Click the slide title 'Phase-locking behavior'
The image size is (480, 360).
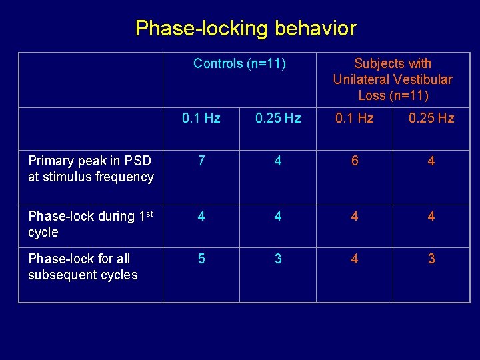coord(245,29)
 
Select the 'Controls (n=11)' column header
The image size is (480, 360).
coord(239,64)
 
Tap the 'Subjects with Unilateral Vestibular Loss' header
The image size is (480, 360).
coord(393,79)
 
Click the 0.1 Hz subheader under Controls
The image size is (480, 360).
coord(201,119)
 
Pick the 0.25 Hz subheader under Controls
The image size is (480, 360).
coord(278,119)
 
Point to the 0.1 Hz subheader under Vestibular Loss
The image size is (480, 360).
coord(355,119)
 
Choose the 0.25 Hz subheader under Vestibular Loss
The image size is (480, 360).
coord(431,119)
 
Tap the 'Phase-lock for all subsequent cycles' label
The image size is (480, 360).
coord(83,267)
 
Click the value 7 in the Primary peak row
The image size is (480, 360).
coord(201,161)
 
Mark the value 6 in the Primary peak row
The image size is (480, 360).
coord(355,161)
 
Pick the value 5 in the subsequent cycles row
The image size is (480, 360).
coord(201,259)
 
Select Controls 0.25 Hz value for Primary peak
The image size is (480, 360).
coord(278,161)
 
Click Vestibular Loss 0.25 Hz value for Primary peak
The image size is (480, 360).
coord(431,161)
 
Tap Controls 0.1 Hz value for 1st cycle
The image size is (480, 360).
coord(201,217)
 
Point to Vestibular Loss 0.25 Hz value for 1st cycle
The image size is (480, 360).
coord(431,217)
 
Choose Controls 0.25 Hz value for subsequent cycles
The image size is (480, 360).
coord(278,259)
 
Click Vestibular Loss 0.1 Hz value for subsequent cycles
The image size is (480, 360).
coord(355,259)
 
